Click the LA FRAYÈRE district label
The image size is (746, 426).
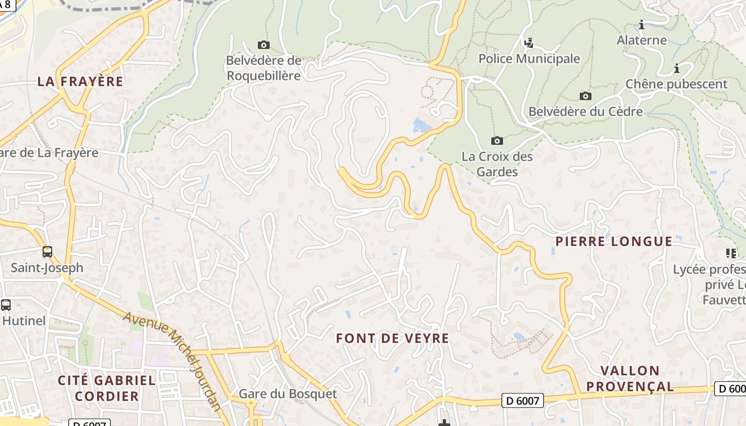point(80,81)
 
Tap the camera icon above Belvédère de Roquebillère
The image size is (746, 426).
point(263,45)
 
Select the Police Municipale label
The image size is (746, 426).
point(529,59)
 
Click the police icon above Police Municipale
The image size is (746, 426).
point(529,43)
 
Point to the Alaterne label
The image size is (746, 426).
point(642,40)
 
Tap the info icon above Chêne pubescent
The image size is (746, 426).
point(676,68)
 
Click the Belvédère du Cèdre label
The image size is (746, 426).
point(585,111)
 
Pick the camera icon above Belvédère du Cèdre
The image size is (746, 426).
point(585,96)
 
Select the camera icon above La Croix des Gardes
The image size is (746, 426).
point(497,141)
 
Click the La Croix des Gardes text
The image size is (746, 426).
point(497,164)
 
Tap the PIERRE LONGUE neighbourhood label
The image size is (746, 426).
point(614,241)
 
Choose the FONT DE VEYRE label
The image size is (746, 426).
point(393,338)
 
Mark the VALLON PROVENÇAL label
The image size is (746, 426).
point(630,379)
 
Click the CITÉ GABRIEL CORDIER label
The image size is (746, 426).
point(107,388)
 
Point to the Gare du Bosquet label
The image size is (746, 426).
point(288,394)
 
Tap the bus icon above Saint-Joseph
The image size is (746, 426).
point(47,252)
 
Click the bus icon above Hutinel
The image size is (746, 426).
point(6,305)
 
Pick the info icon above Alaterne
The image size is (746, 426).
point(642,24)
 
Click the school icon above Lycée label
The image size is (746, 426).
point(731,253)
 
